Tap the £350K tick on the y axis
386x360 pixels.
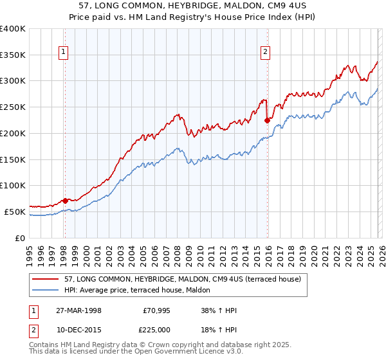tap(13, 55)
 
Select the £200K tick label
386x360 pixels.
tap(13, 133)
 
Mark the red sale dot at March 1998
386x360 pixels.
tap(65, 201)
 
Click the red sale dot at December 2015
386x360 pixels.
tap(266, 120)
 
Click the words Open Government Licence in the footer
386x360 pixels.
tap(169, 352)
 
